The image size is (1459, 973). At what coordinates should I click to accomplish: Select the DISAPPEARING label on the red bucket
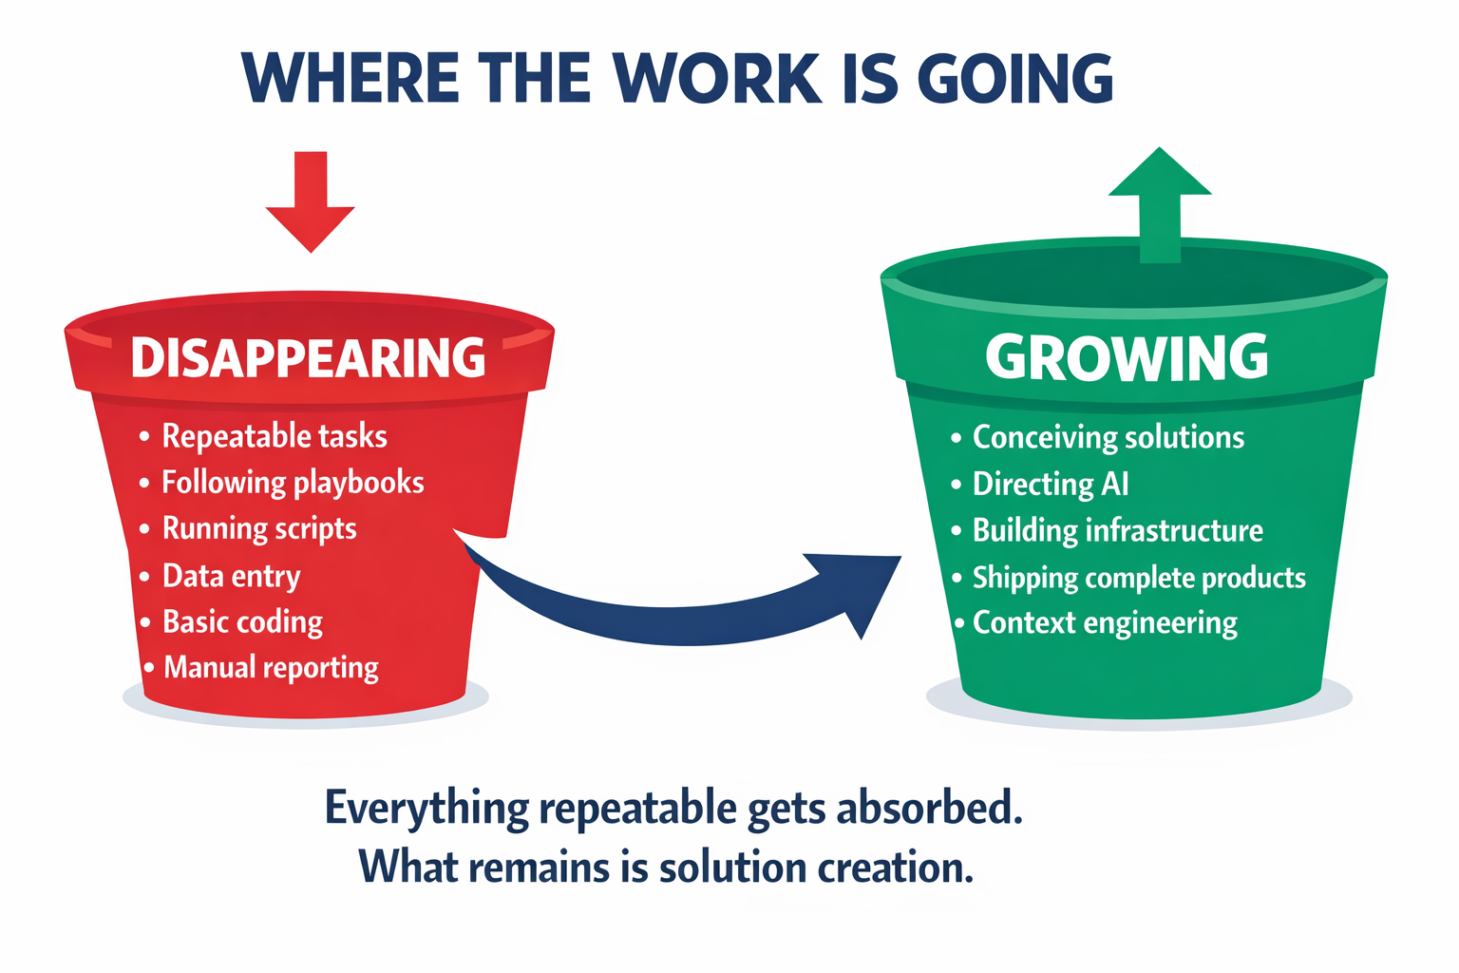309,358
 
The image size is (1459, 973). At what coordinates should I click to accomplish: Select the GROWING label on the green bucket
1127,358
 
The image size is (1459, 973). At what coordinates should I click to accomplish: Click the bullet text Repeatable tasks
275,436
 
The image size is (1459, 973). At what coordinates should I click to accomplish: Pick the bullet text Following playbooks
293,483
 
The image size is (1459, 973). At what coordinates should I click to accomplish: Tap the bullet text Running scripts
259,528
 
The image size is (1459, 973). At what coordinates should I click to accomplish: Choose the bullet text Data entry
232,576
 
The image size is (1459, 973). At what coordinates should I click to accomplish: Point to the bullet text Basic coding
243,621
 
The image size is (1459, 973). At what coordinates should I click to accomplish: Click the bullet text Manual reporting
271,667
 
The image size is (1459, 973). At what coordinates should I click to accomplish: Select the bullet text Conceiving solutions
1108,437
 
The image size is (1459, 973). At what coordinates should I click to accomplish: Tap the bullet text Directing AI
1051,484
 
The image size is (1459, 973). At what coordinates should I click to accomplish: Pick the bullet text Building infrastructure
1118,530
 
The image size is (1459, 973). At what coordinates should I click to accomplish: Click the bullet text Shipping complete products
1139,578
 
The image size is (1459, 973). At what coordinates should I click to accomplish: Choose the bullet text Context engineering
1105,623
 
